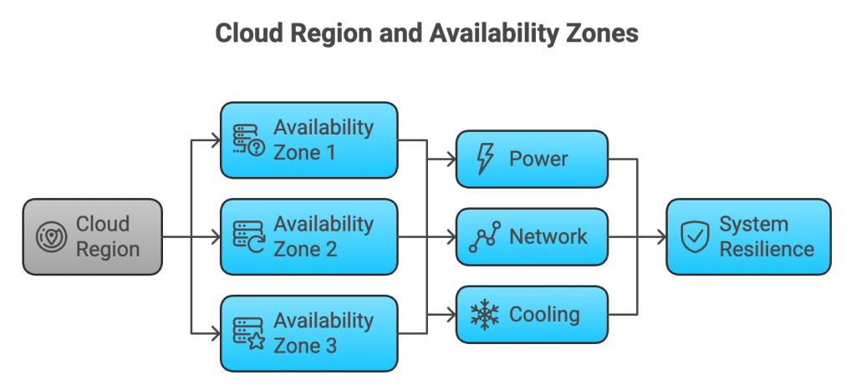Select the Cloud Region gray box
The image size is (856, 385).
92,236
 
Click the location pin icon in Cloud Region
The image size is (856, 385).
51,237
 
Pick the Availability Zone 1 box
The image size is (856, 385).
309,140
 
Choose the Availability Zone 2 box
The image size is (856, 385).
309,236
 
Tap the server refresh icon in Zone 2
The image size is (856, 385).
247,237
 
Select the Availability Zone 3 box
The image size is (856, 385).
309,332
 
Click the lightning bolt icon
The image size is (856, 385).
484,159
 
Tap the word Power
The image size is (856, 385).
538,159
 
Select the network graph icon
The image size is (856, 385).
484,237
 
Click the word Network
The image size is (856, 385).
548,236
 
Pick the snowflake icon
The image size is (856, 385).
484,315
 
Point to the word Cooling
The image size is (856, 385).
544,315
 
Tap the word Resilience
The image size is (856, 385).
767,249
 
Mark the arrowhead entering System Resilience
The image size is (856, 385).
661,237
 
